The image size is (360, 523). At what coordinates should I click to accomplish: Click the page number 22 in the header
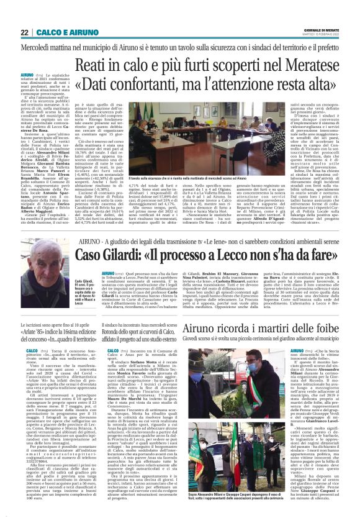(x=25, y=32)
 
